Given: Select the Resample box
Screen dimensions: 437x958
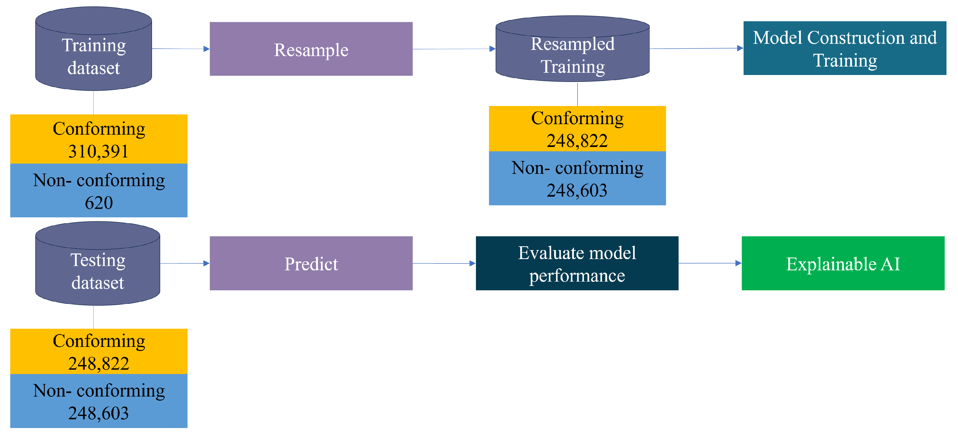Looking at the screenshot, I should [311, 49].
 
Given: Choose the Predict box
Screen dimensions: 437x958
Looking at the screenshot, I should [311, 263].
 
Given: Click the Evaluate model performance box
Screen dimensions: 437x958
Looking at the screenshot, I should [577, 263].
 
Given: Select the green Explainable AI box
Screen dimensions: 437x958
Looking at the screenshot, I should [843, 263].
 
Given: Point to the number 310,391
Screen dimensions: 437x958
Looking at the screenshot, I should [99, 152].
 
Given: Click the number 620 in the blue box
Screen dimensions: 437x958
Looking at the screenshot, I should [99, 203].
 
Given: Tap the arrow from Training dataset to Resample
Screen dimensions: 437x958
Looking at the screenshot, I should [181, 49].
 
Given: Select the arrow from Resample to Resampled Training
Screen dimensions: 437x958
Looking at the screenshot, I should [454, 49].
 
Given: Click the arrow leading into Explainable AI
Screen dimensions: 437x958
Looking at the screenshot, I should [710, 263].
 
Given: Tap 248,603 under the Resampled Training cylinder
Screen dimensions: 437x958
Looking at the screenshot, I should [577, 190].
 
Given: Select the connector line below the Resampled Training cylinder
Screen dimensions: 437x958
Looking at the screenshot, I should [577, 94].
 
